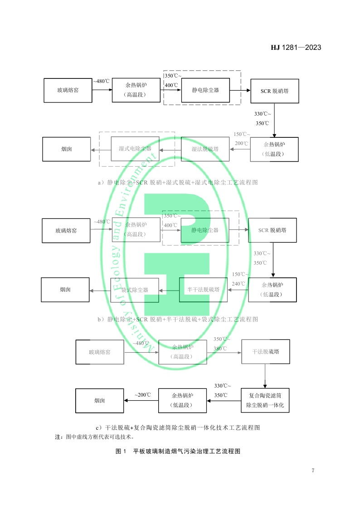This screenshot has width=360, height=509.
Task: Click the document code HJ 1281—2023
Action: (x=296, y=47)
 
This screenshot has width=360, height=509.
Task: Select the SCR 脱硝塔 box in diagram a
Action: (x=274, y=91)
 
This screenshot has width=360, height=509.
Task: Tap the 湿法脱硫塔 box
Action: (x=205, y=149)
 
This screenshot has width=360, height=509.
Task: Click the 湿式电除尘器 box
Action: (x=135, y=149)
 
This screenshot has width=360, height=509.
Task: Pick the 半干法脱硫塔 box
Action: (x=203, y=290)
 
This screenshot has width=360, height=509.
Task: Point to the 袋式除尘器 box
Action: (x=135, y=290)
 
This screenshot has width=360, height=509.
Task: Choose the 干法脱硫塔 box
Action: (x=265, y=351)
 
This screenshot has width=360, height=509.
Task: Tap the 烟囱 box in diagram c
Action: (x=100, y=401)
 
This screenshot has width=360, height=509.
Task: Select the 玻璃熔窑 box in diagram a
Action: (x=68, y=90)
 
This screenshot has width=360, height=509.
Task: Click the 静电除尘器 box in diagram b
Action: (x=204, y=230)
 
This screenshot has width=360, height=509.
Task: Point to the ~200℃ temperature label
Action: (x=142, y=395)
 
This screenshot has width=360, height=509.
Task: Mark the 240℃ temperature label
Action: (x=238, y=284)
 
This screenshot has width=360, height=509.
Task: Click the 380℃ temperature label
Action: (x=221, y=349)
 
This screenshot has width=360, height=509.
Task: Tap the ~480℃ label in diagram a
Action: (x=101, y=82)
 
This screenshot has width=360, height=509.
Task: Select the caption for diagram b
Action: (x=178, y=320)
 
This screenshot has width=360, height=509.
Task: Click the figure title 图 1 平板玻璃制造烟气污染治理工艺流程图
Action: (x=177, y=451)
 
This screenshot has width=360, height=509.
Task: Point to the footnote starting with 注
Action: (x=94, y=437)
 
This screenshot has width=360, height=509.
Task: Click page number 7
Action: (x=312, y=470)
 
